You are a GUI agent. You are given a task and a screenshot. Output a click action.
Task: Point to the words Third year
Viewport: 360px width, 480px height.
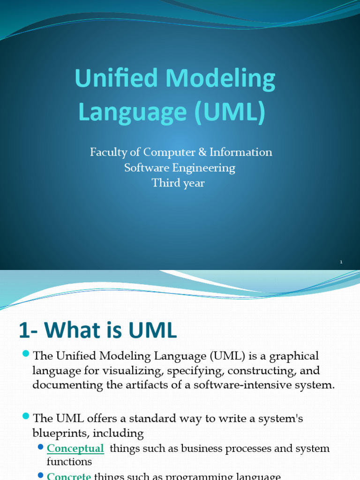(x=178, y=183)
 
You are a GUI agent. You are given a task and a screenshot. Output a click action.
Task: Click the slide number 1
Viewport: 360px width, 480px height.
(x=342, y=262)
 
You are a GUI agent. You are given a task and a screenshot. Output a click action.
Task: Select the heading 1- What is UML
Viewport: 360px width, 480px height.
(x=97, y=331)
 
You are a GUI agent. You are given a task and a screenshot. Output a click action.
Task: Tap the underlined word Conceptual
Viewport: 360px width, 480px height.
(x=75, y=449)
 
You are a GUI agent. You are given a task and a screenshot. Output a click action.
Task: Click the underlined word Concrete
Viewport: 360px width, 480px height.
(x=69, y=476)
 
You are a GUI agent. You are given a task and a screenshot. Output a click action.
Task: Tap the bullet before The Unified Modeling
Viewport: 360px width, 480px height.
(x=25, y=353)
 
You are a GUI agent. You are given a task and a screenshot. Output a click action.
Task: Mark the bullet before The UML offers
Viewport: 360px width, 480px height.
(x=25, y=415)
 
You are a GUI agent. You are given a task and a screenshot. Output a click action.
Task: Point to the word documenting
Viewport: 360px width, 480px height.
(x=61, y=385)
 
